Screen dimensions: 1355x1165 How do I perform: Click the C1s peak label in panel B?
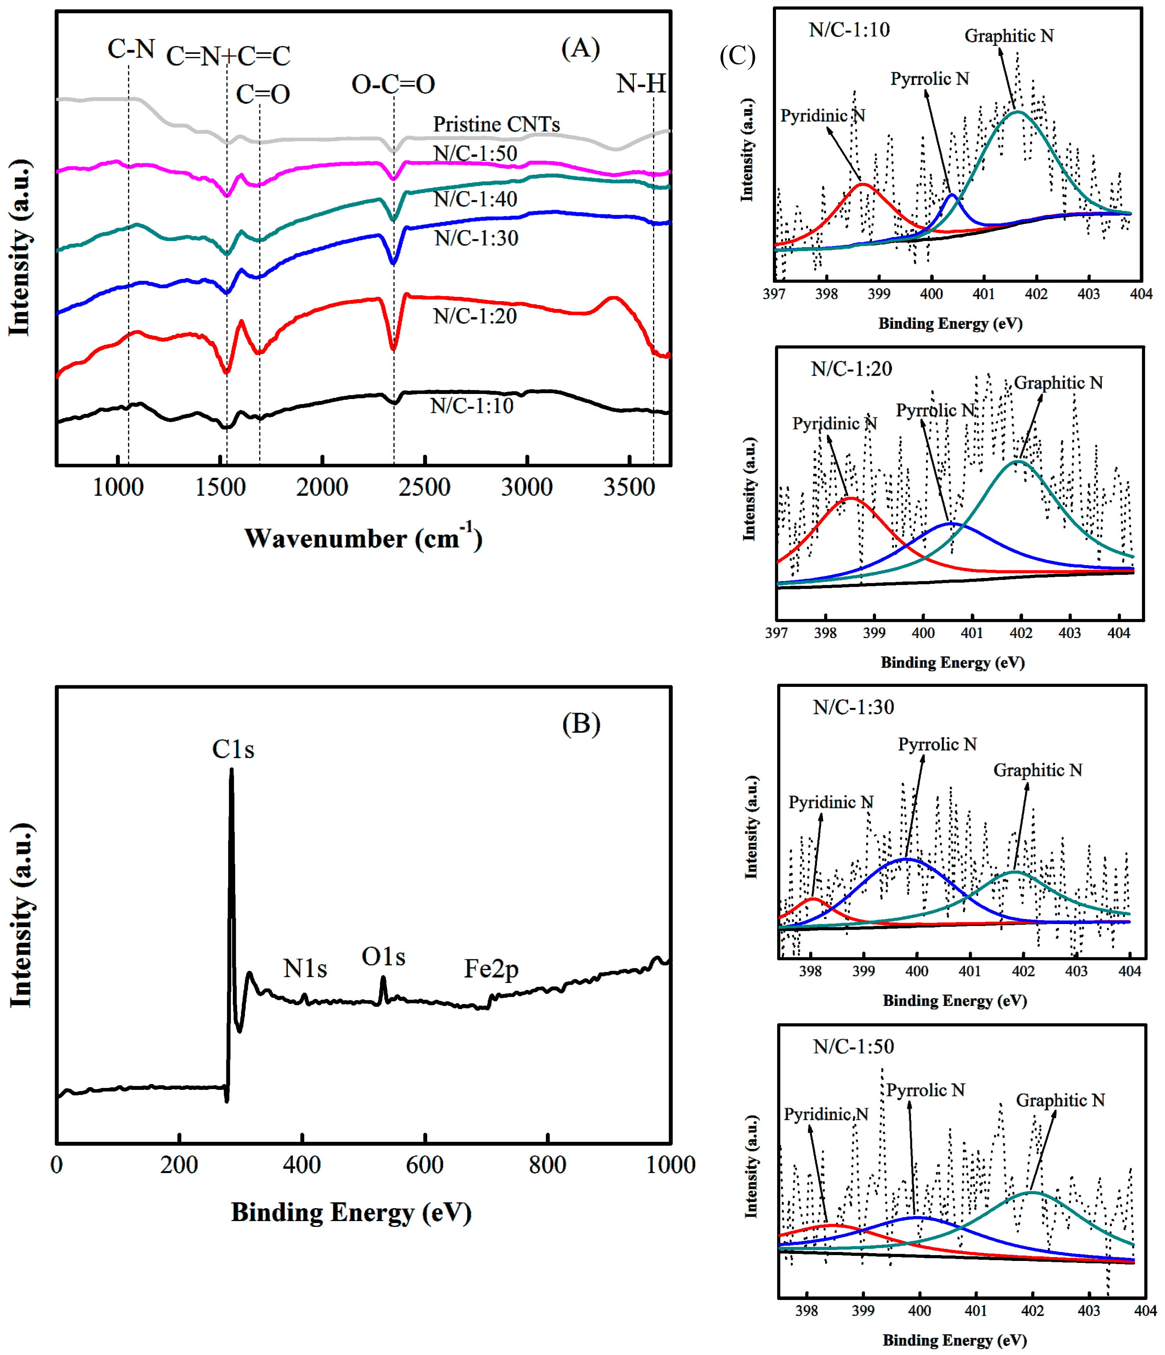pos(233,749)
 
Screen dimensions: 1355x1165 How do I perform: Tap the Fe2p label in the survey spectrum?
pos(491,968)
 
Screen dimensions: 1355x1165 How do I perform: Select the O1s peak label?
pos(383,957)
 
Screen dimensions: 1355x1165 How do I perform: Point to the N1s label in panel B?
pos(305,968)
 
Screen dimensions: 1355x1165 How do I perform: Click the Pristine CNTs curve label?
pos(496,124)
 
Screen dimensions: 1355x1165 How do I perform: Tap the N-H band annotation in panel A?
pos(641,83)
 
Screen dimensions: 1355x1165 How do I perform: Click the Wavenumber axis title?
pos(363,538)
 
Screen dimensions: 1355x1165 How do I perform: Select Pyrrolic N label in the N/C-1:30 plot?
pos(937,744)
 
